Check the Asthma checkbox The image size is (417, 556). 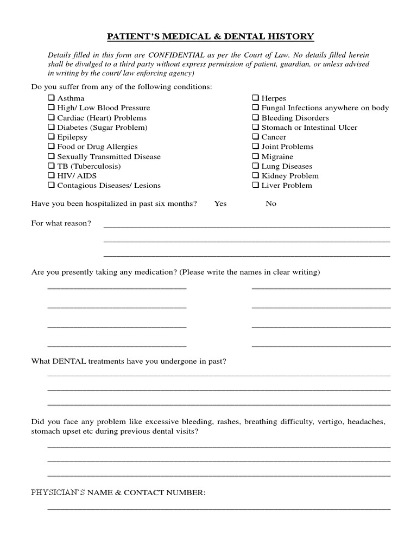[x=51, y=98]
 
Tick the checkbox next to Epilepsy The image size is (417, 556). [x=51, y=137]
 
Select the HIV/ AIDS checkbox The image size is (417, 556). [x=51, y=175]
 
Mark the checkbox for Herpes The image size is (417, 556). [x=255, y=98]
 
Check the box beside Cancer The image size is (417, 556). [x=255, y=137]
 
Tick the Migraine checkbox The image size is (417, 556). [x=255, y=156]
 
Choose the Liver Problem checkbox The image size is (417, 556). [x=255, y=185]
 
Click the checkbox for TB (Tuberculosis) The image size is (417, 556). [x=51, y=166]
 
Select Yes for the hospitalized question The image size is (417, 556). [x=220, y=204]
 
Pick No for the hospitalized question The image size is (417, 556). [x=271, y=204]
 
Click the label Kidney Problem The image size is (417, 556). [x=290, y=176]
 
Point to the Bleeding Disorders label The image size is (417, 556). [x=295, y=118]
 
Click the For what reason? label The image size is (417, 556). [x=61, y=223]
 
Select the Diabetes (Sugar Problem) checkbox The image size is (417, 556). [x=51, y=127]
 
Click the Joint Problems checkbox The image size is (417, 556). [x=255, y=147]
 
